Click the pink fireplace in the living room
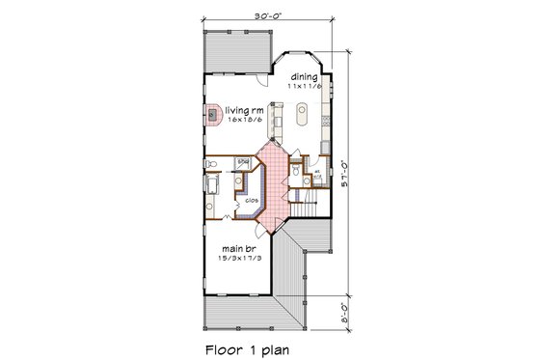[x=213, y=114]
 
